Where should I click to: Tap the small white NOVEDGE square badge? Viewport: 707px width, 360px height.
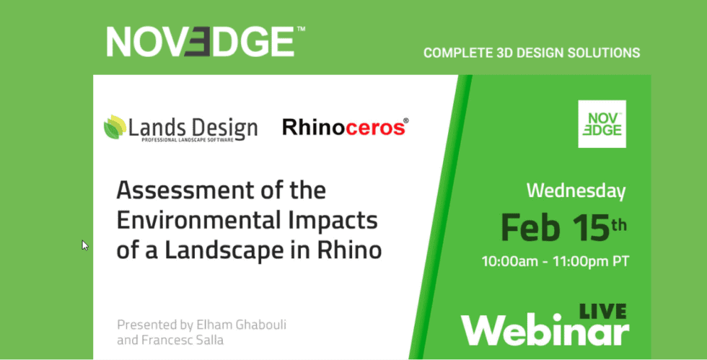602,124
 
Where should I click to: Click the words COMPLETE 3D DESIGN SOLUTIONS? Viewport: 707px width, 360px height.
532,53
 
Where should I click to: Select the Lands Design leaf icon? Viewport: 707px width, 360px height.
114,127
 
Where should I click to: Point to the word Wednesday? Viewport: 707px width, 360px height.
576,191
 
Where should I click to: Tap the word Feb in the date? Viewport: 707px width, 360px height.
528,227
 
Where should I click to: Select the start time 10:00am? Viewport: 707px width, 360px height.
510,261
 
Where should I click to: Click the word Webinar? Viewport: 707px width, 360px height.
545,332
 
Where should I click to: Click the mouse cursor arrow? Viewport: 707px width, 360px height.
84,245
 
